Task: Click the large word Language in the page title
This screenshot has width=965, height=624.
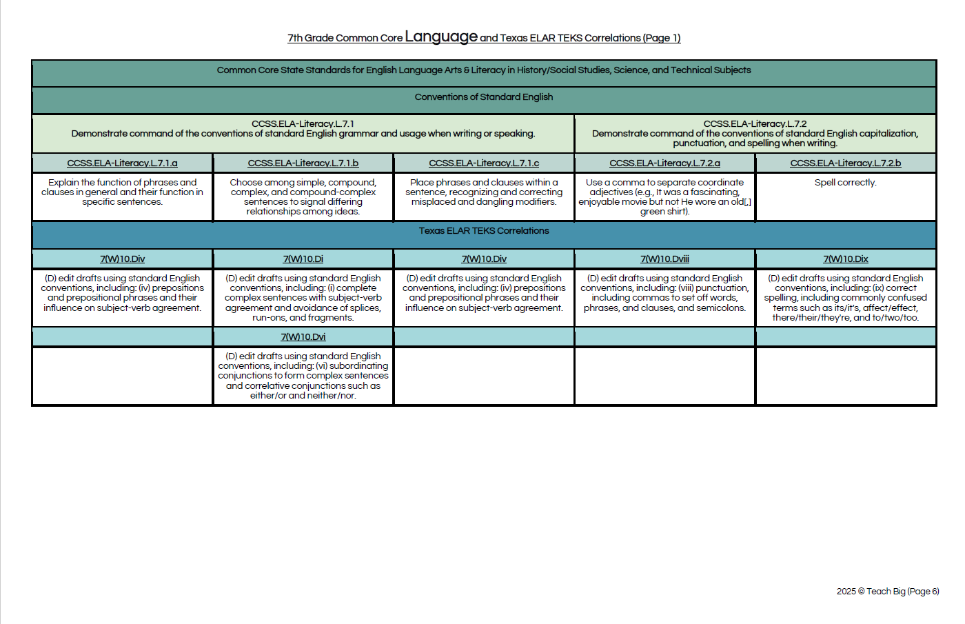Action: coord(441,37)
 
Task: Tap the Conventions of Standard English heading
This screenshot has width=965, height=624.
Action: coord(484,97)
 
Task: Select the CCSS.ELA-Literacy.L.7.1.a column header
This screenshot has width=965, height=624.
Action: coord(122,163)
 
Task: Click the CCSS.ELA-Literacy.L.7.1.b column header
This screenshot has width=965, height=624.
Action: coord(303,163)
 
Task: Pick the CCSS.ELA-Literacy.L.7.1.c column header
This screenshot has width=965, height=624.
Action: coord(484,163)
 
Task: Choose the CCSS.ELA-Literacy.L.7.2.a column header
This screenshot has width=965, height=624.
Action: coord(664,163)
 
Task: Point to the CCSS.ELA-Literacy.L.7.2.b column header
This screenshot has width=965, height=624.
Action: coord(845,163)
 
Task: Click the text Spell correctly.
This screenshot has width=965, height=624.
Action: coord(845,183)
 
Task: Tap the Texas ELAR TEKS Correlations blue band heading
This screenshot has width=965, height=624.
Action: coord(484,231)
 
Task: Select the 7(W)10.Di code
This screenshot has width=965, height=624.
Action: coord(303,259)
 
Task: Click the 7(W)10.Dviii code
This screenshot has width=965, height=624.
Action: coord(664,259)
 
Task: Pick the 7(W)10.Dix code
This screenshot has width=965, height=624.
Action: coord(845,259)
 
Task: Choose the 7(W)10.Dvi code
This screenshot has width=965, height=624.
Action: coord(303,337)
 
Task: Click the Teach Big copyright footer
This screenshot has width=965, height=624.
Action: coord(887,592)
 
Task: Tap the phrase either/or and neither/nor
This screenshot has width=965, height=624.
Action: coord(303,396)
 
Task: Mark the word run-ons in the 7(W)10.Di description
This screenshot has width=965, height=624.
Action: coord(269,318)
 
